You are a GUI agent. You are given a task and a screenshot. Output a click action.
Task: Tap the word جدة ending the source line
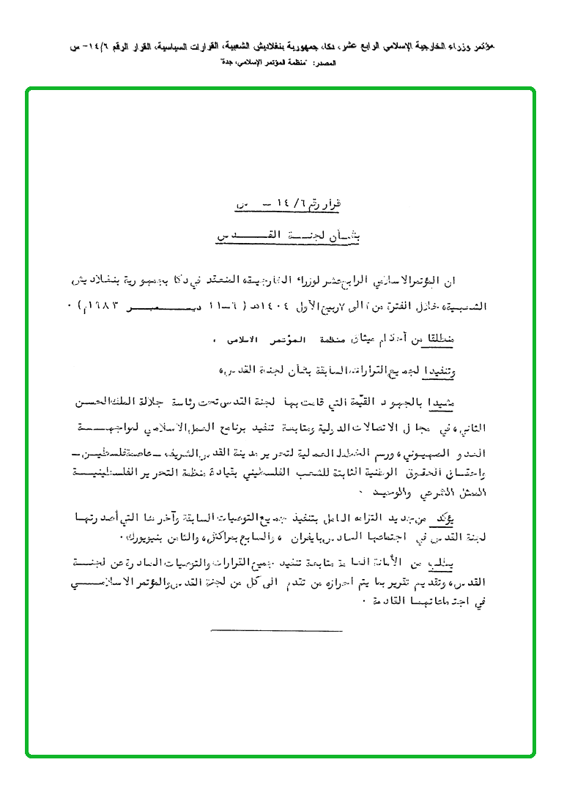(226, 64)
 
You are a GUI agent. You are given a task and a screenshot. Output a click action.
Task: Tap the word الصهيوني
(424, 447)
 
